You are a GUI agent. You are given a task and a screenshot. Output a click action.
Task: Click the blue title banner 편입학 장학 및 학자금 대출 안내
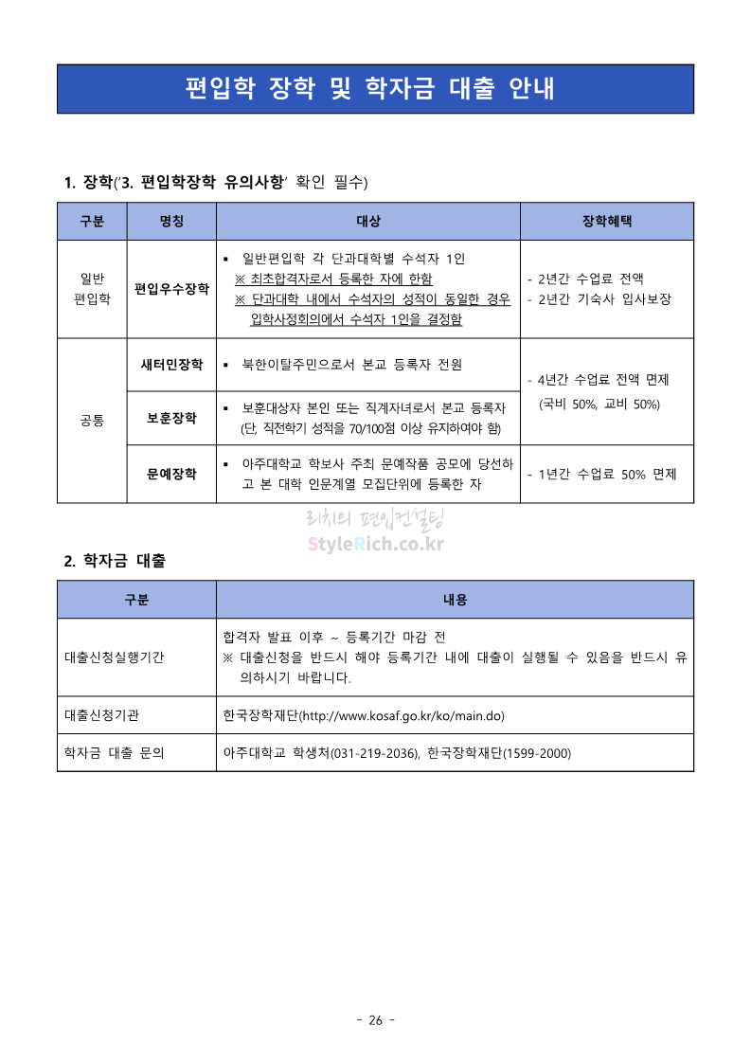[375, 89]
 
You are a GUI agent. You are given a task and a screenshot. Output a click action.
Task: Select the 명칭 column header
[171, 222]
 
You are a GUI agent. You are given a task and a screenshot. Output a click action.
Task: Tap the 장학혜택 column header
[606, 222]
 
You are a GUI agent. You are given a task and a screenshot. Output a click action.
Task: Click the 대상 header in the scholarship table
[368, 222]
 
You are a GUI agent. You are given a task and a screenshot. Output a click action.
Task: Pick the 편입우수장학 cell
[171, 289]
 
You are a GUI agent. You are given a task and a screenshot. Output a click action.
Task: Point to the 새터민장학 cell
[171, 364]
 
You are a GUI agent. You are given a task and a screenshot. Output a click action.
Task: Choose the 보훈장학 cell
[171, 418]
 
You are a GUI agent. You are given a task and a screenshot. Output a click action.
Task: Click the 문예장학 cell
[171, 474]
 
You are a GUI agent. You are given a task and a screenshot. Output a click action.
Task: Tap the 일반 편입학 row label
[92, 289]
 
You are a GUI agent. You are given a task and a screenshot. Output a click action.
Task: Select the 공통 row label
[92, 419]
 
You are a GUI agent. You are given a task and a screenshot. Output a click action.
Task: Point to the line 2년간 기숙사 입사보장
[604, 299]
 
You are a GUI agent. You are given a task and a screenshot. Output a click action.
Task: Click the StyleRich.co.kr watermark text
[376, 545]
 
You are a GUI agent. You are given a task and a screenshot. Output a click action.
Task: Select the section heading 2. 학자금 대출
[115, 561]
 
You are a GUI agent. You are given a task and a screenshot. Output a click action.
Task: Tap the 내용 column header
[455, 600]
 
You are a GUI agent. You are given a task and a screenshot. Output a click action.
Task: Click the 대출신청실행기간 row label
[114, 657]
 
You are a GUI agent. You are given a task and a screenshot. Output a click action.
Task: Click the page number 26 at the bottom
[375, 1020]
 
